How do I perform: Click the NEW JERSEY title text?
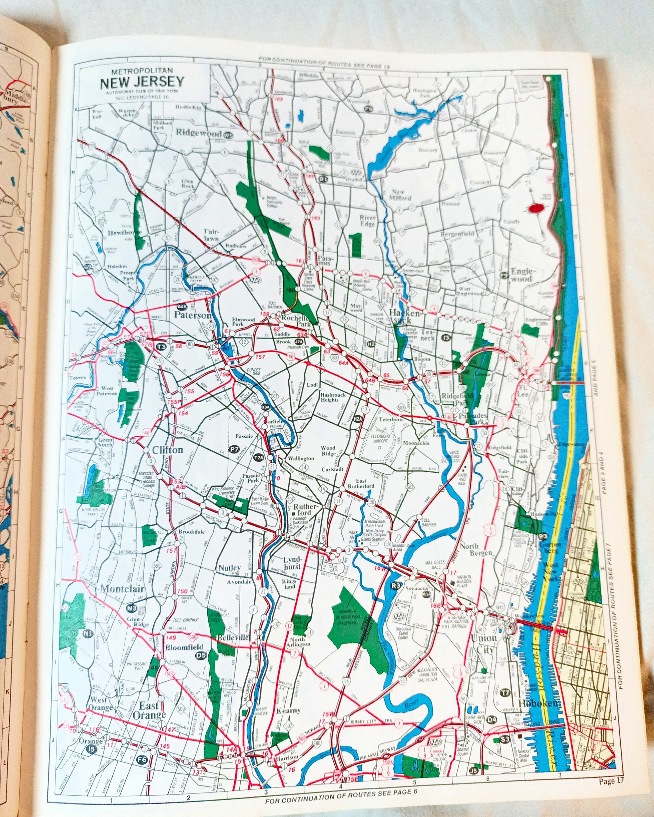pyautogui.click(x=142, y=82)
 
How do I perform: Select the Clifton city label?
pyautogui.click(x=167, y=450)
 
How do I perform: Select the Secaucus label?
pyautogui.click(x=416, y=588)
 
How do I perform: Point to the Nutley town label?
pyautogui.click(x=229, y=568)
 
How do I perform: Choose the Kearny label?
pyautogui.click(x=288, y=710)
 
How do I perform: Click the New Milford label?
pyautogui.click(x=400, y=195)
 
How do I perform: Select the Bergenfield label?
pyautogui.click(x=457, y=234)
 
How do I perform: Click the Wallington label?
pyautogui.click(x=301, y=458)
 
